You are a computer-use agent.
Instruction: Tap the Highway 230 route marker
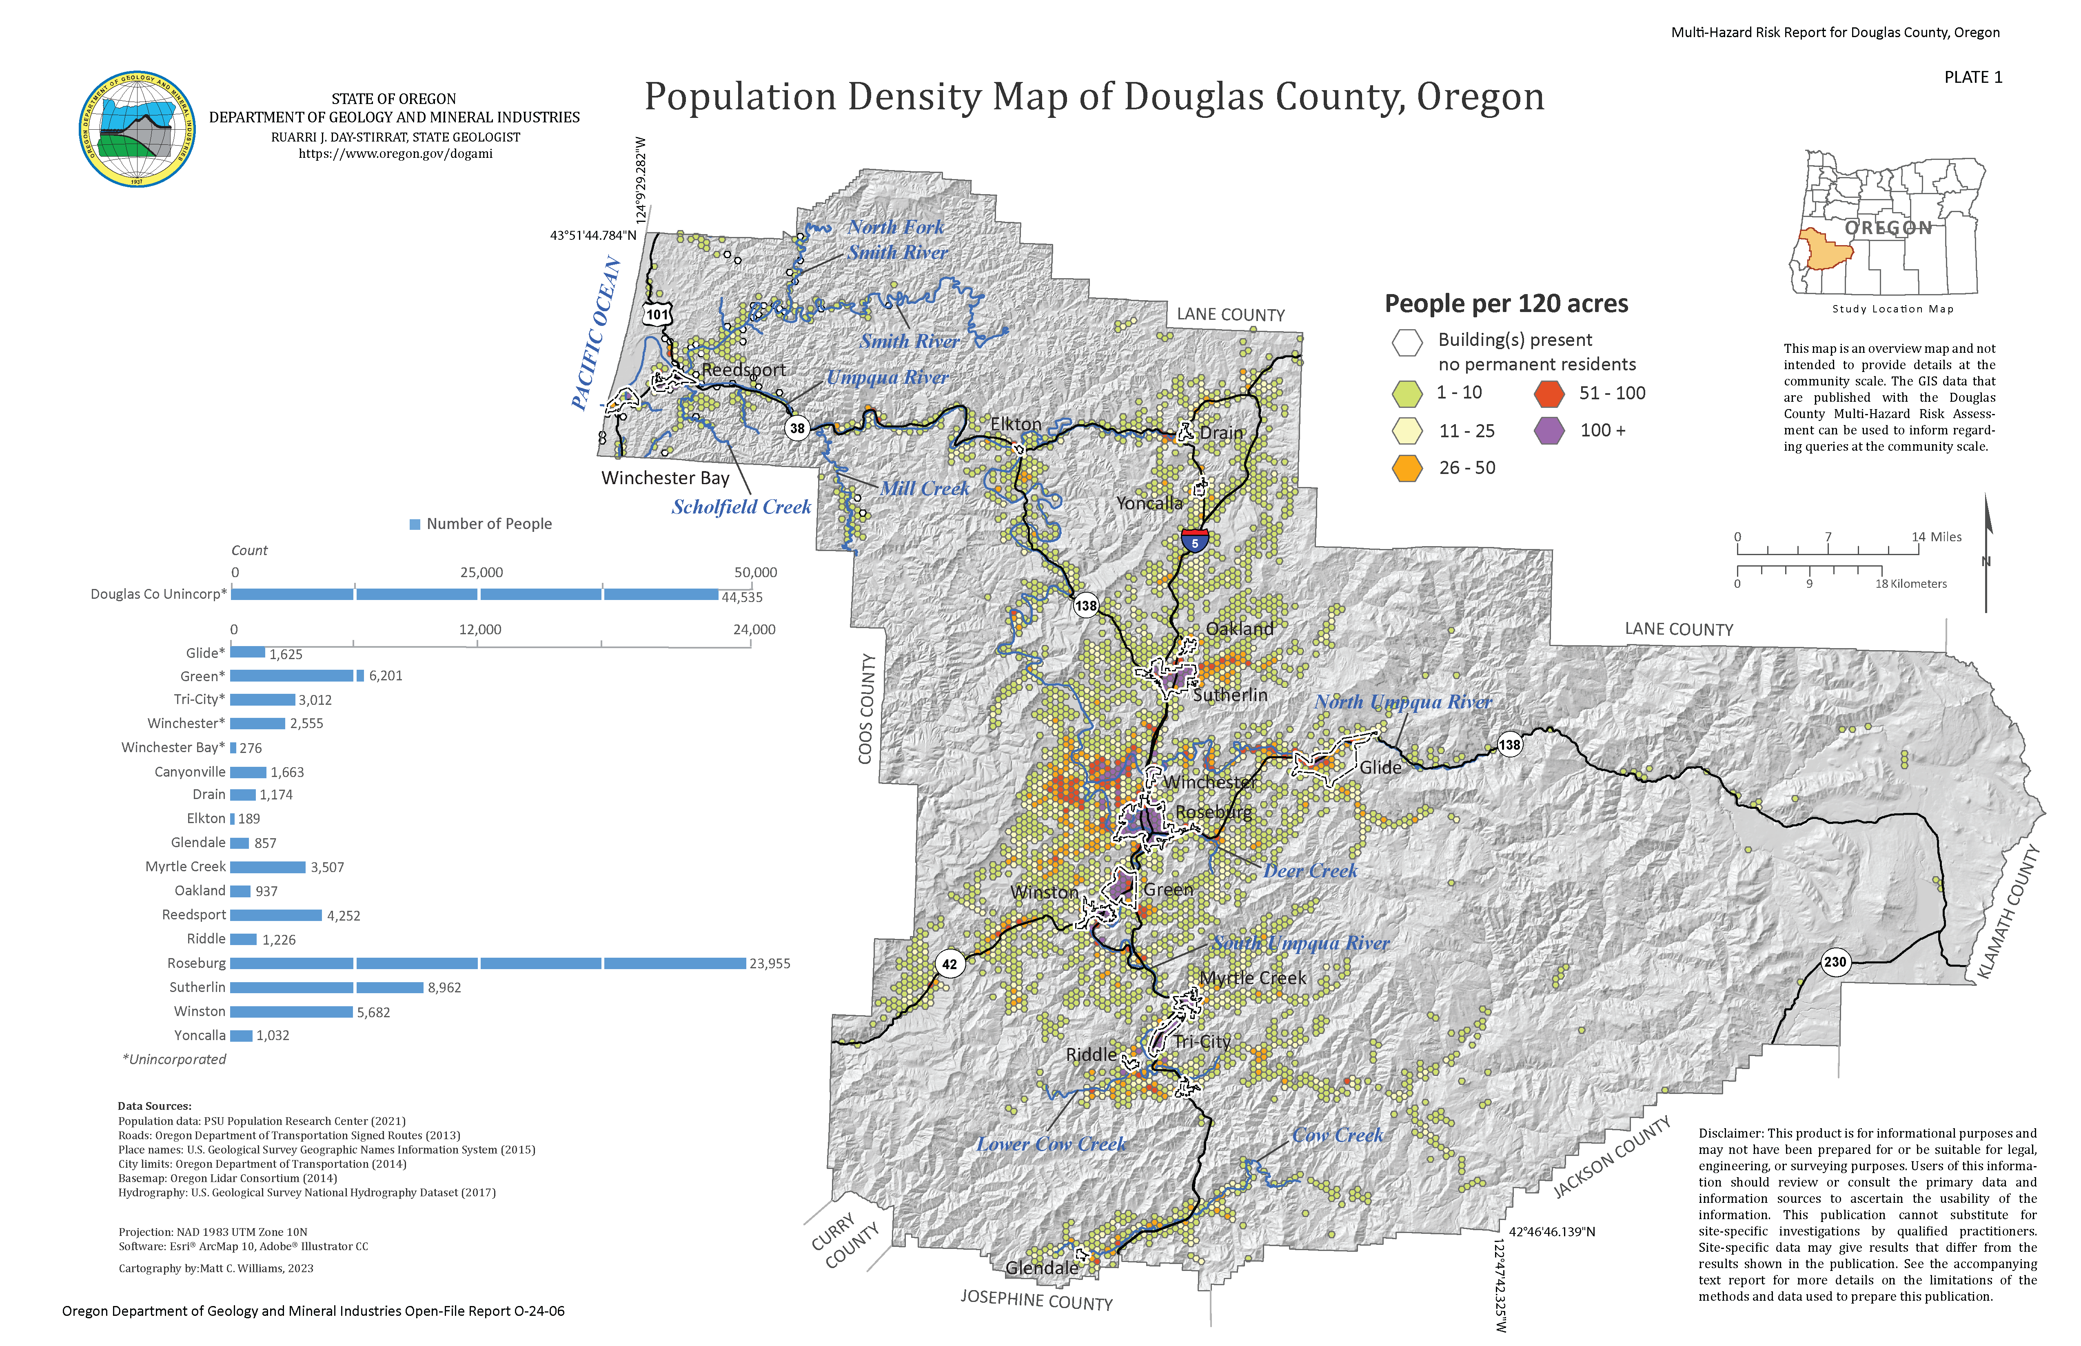tap(1835, 962)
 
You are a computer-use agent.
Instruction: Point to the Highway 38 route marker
tap(796, 428)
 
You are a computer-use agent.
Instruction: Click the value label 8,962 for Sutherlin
tap(444, 987)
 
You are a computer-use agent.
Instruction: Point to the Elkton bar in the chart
tap(233, 819)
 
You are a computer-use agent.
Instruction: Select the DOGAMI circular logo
tap(137, 129)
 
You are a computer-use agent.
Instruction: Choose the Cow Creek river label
tap(1338, 1136)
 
